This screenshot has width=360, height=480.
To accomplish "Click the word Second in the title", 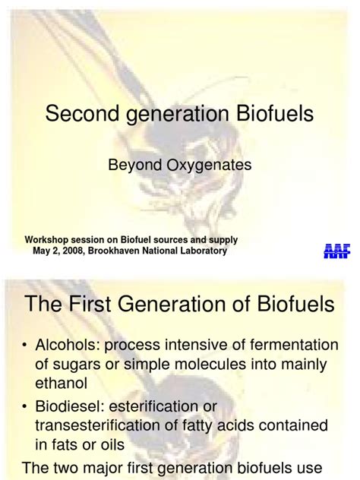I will point(78,115).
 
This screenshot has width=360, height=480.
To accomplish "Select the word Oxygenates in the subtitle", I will point(213,163).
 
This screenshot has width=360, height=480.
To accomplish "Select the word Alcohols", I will point(66,346).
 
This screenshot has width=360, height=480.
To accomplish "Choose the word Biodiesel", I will point(70,406).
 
